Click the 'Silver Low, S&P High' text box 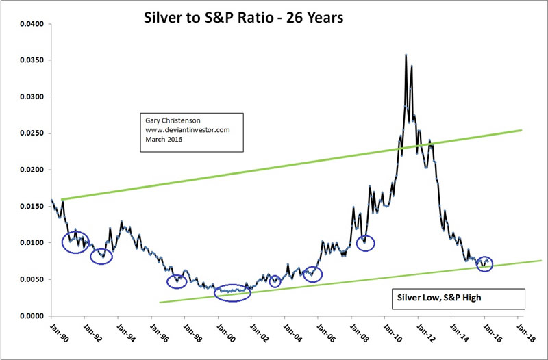pos(429,298)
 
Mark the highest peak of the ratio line pos(406,55)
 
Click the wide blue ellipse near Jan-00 pos(233,292)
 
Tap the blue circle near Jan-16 pos(485,263)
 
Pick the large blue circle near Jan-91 pos(75,242)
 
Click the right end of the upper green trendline pos(522,130)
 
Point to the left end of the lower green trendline pos(160,302)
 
